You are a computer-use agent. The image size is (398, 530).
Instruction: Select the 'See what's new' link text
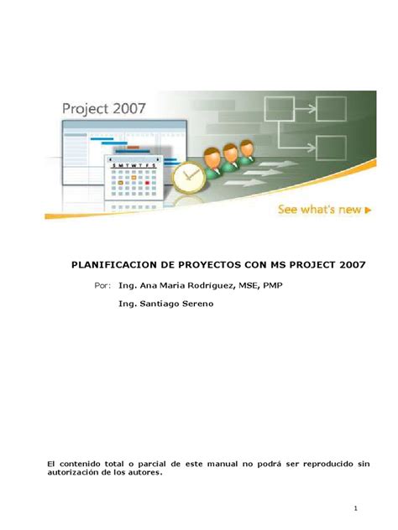point(320,210)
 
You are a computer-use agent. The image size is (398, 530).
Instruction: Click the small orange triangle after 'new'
point(368,210)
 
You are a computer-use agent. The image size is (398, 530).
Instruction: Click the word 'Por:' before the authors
point(103,286)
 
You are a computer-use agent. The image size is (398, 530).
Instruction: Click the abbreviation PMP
point(272,286)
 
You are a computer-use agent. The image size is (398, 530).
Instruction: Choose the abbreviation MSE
point(246,286)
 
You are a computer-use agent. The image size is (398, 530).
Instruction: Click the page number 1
point(356,508)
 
